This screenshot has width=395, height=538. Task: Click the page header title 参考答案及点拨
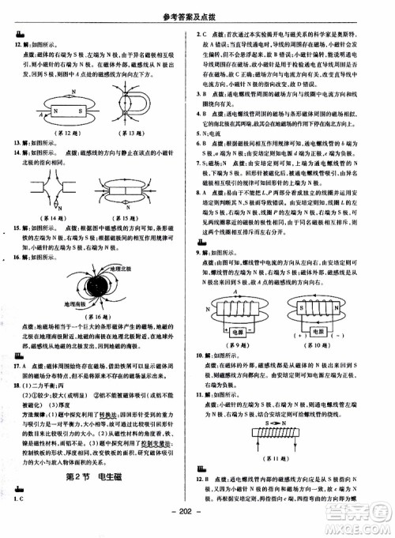(x=197, y=9)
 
